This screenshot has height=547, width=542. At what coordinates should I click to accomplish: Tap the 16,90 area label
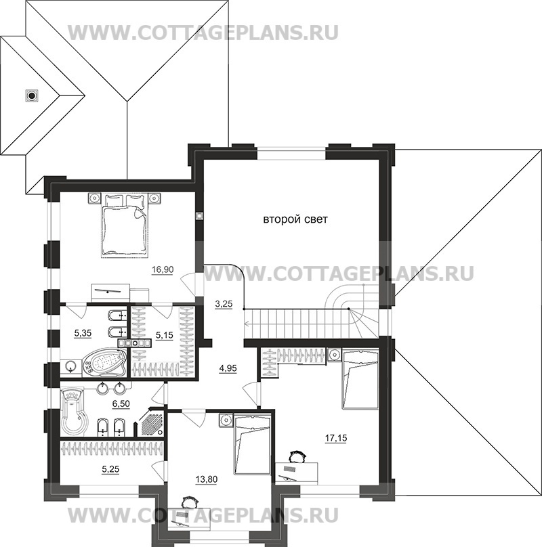pyautogui.click(x=163, y=269)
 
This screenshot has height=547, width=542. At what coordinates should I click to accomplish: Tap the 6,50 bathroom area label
pyautogui.click(x=121, y=404)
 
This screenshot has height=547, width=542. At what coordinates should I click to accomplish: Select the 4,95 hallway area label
pyautogui.click(x=228, y=369)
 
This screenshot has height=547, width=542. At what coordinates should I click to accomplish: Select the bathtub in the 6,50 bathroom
pyautogui.click(x=74, y=410)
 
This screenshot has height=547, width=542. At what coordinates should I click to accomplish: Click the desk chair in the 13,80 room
pyautogui.click(x=188, y=502)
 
